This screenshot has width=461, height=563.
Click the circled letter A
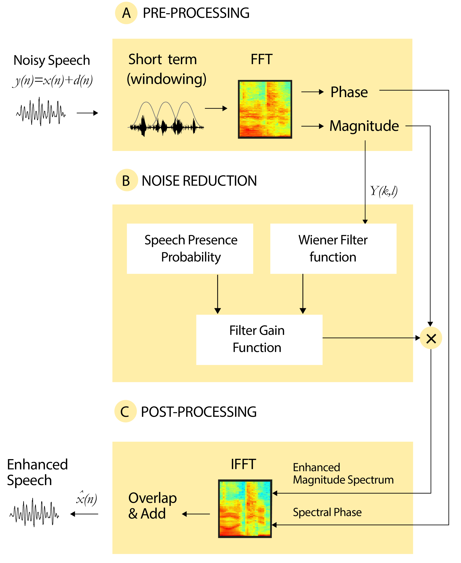pos(126,13)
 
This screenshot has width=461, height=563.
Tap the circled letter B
pos(126,180)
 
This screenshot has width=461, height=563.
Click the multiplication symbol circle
pos(431,338)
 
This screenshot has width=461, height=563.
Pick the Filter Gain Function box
pos(259,340)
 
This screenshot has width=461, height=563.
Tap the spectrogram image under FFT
pos(265,109)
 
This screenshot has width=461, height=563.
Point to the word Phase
pos(349,92)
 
